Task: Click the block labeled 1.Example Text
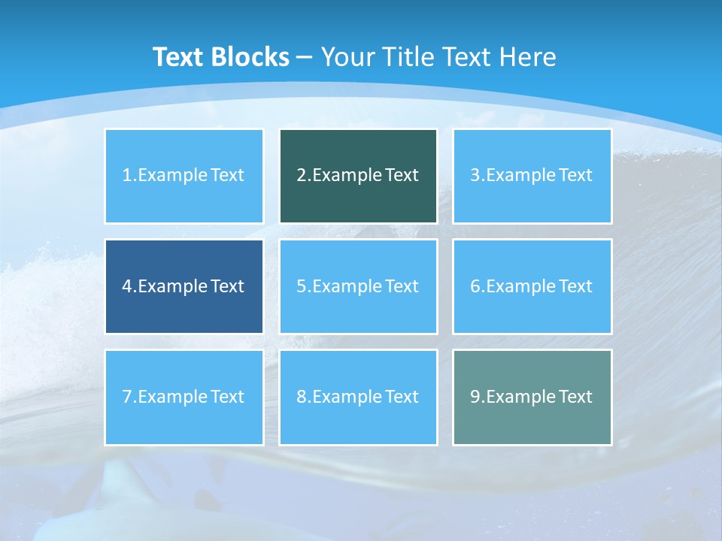pyautogui.click(x=184, y=176)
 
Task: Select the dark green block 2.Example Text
pyautogui.click(x=358, y=176)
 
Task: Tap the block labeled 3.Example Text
pyautogui.click(x=532, y=176)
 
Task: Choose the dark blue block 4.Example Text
pyautogui.click(x=184, y=286)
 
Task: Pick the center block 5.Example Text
pyautogui.click(x=358, y=286)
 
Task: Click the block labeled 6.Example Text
pyautogui.click(x=532, y=286)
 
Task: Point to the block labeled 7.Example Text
pyautogui.click(x=184, y=397)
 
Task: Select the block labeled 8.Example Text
pyautogui.click(x=358, y=397)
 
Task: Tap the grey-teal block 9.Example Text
pyautogui.click(x=532, y=397)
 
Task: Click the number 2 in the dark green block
pyautogui.click(x=301, y=176)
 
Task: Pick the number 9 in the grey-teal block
pyautogui.click(x=475, y=397)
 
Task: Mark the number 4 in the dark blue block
pyautogui.click(x=127, y=286)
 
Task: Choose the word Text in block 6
pyautogui.click(x=575, y=286)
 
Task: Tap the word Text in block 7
pyautogui.click(x=227, y=397)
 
